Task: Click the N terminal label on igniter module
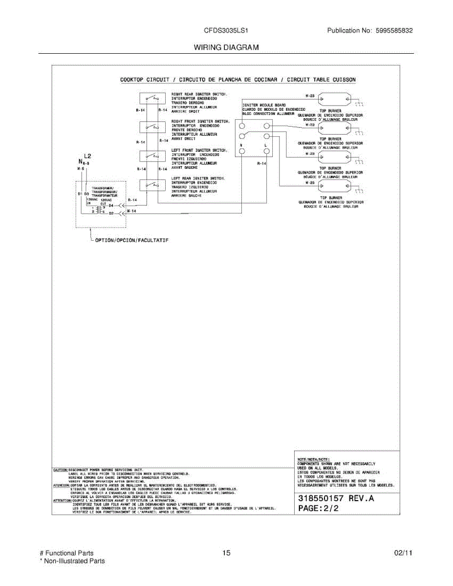pos(241,146)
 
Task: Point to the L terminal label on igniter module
pos(265,146)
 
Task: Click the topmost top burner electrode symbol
pos(334,100)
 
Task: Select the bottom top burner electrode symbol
pos(334,186)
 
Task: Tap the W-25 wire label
pos(309,182)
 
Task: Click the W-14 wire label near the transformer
pos(131,210)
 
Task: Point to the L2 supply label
pos(87,156)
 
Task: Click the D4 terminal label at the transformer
pos(111,206)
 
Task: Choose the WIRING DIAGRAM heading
pos(226,47)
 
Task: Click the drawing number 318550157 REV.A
pos(336,499)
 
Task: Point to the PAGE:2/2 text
pos(318,508)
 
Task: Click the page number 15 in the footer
pos(226,553)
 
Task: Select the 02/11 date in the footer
pos(403,553)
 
